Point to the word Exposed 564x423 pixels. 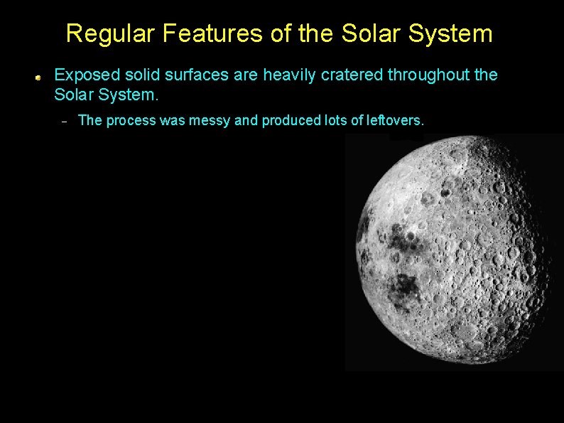click(x=83, y=75)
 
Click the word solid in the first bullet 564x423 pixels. click(x=138, y=75)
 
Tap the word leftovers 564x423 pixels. click(x=394, y=121)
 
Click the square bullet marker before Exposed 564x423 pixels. click(x=42, y=76)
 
